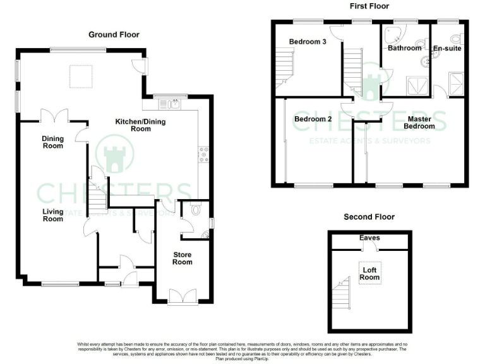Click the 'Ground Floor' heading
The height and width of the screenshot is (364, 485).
[114, 34]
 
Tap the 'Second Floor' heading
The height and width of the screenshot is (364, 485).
[369, 217]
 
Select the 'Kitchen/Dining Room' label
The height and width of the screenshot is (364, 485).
[141, 125]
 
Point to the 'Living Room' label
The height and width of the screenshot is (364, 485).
[53, 215]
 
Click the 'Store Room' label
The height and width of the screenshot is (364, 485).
[183, 258]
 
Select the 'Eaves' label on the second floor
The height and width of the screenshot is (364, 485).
[369, 238]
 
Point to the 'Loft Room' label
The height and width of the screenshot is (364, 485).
[369, 273]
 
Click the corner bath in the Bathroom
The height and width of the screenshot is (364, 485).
[396, 34]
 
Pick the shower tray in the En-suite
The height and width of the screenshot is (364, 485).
[455, 80]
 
